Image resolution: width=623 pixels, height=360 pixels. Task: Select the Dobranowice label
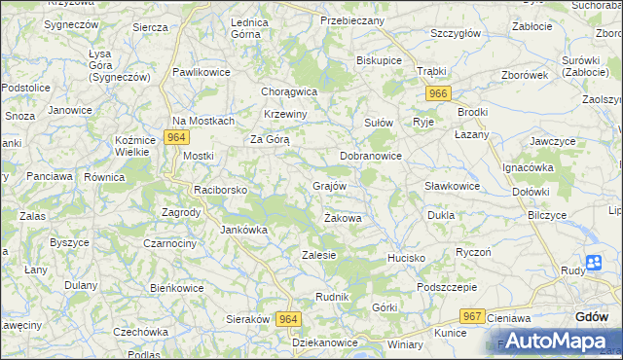tap(371, 155)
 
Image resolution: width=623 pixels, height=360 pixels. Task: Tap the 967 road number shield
tap(473, 316)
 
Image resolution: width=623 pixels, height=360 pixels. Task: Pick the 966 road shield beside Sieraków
tap(288, 319)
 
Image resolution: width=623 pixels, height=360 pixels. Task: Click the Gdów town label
tap(592, 316)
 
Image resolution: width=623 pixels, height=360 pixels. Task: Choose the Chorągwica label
tap(290, 91)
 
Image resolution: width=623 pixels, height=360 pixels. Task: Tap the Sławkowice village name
tap(453, 186)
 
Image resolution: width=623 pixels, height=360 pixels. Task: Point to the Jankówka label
tap(243, 230)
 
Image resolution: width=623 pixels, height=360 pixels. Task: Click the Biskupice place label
tap(379, 59)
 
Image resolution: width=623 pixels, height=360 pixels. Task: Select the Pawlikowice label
tap(202, 72)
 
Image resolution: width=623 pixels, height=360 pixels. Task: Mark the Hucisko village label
tap(407, 258)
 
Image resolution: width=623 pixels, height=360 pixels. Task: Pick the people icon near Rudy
tap(594, 262)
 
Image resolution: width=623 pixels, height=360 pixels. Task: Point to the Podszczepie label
tap(446, 287)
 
